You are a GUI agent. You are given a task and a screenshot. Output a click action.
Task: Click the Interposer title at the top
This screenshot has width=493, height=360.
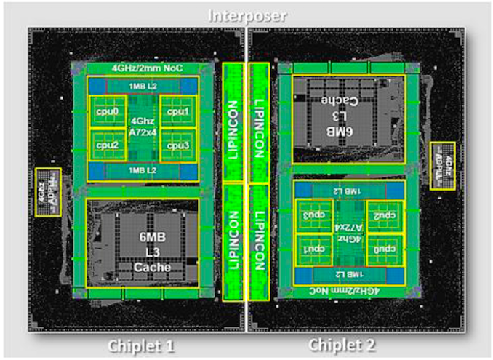247,15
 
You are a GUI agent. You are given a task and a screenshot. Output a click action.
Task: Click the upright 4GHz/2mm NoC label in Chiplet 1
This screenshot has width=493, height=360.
143,68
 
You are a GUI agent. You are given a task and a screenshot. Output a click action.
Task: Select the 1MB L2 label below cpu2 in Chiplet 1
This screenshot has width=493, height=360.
143,170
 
